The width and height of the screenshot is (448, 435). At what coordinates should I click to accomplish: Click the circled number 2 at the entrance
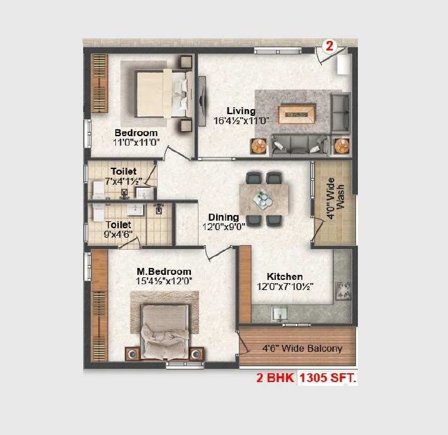(x=330, y=45)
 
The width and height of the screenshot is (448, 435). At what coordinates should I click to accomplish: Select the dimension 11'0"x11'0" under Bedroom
(x=135, y=142)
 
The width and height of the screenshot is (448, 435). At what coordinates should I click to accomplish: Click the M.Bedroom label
(x=164, y=272)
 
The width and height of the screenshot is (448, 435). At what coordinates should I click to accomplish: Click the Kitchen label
(x=284, y=276)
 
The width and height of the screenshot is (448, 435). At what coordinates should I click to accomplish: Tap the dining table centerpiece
(x=263, y=200)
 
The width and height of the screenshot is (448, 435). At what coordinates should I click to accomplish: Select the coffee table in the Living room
(x=296, y=114)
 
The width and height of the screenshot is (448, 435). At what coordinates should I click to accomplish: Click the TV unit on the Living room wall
(x=202, y=101)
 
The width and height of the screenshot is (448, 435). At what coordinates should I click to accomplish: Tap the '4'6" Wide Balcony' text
(x=303, y=348)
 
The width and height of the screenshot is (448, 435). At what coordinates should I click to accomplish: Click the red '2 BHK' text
(x=275, y=379)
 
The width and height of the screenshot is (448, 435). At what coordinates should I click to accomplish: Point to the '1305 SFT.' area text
(x=328, y=379)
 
